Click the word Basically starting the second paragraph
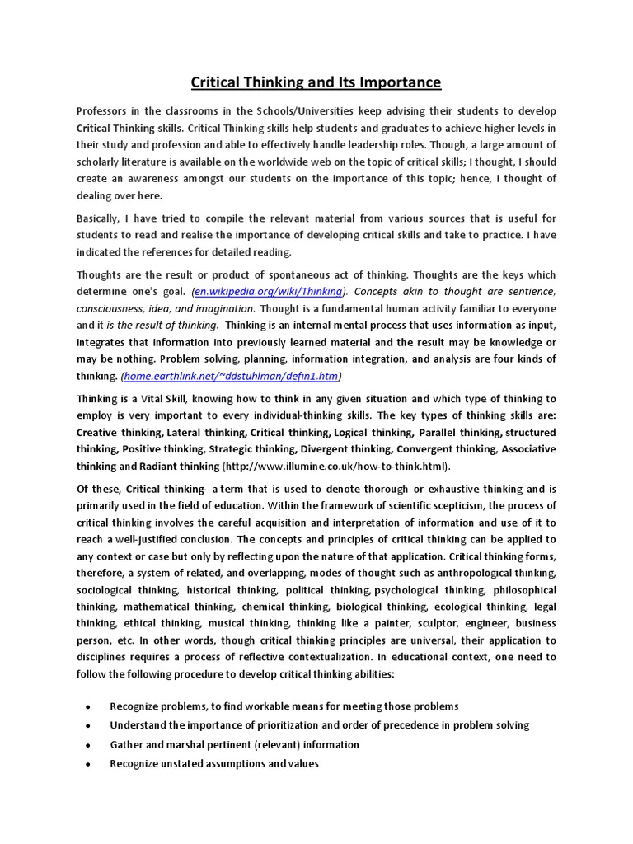tap(102, 218)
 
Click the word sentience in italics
tap(532, 292)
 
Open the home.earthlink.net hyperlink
tap(231, 376)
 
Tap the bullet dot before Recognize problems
tap(87, 707)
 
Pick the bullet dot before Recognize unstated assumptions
tap(87, 764)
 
